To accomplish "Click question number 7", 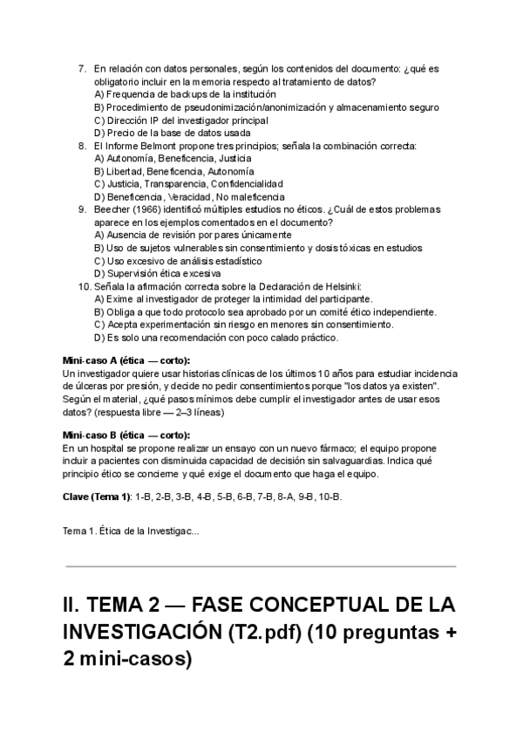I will click(82, 68).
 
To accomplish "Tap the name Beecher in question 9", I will click(113, 209).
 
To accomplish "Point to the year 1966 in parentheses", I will click(153, 209).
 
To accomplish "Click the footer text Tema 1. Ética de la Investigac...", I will click(131, 531).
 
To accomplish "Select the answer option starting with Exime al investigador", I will click(233, 299).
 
